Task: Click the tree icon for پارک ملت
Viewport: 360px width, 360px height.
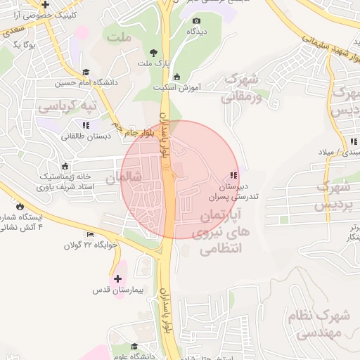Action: click(154, 53)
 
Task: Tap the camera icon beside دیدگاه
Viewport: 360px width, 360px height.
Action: click(195, 21)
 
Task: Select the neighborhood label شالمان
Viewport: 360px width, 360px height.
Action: click(123, 179)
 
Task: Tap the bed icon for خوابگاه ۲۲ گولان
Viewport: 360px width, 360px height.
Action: click(89, 234)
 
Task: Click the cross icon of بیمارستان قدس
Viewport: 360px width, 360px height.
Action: click(117, 278)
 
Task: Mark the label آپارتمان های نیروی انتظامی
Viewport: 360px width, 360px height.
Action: click(226, 231)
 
